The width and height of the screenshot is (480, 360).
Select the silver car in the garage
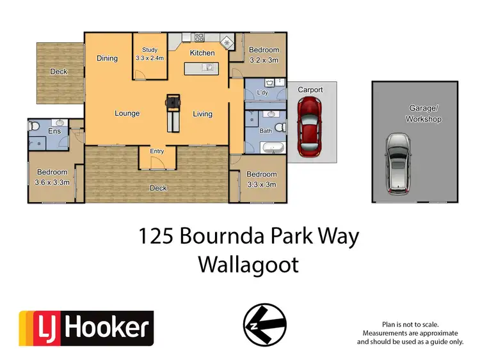coord(398,164)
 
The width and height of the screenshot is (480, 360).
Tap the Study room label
coord(150,53)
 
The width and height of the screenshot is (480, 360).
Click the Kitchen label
coord(202,53)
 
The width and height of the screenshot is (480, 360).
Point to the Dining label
coord(107,58)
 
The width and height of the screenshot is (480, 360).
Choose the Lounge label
coord(127,113)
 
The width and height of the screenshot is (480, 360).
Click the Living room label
coord(202,114)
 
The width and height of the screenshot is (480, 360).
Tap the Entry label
coord(157,152)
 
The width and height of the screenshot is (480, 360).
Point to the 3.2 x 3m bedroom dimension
coord(264,59)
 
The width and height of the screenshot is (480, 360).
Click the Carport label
coord(310,90)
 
